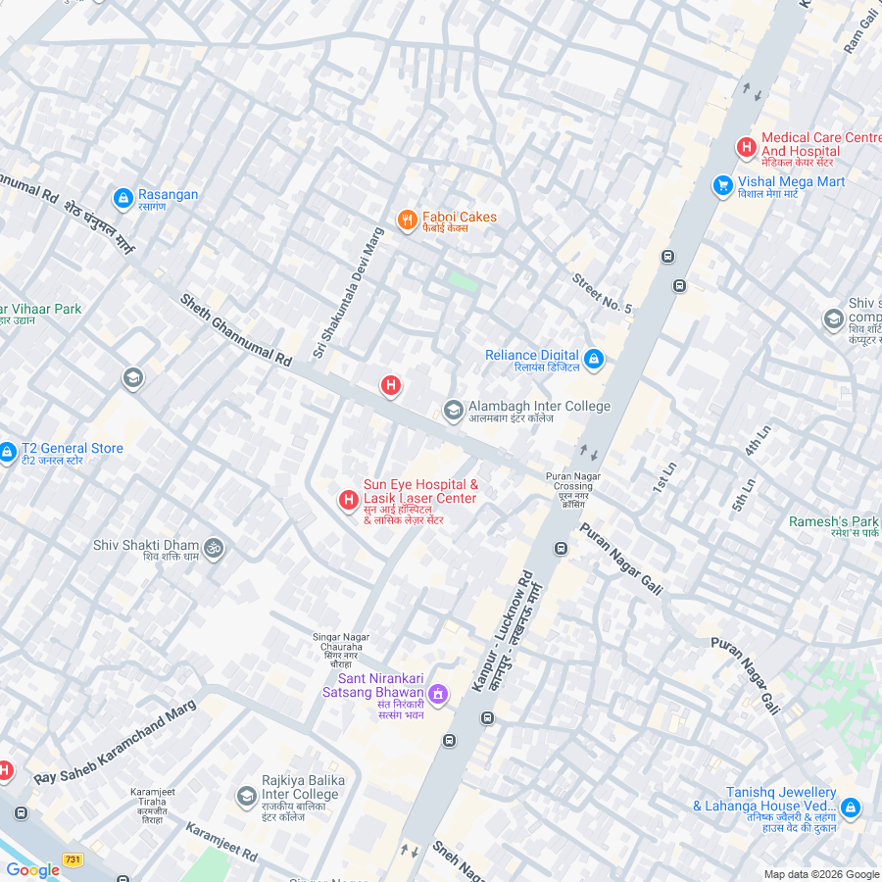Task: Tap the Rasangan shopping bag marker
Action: tap(123, 199)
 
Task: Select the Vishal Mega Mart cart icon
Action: tap(723, 185)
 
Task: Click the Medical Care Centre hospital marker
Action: tap(746, 148)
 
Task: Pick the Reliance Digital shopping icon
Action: tap(594, 360)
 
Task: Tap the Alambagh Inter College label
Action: tap(538, 407)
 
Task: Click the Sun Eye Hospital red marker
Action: tap(348, 501)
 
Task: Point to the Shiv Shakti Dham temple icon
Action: tap(215, 549)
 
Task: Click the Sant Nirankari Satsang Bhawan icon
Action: tap(438, 695)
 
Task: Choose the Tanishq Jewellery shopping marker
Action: tap(850, 807)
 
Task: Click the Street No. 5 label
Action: tap(602, 293)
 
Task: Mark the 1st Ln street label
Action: tap(664, 477)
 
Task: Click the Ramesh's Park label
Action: tap(834, 521)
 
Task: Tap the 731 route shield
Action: tap(73, 859)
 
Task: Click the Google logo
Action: tap(32, 869)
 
